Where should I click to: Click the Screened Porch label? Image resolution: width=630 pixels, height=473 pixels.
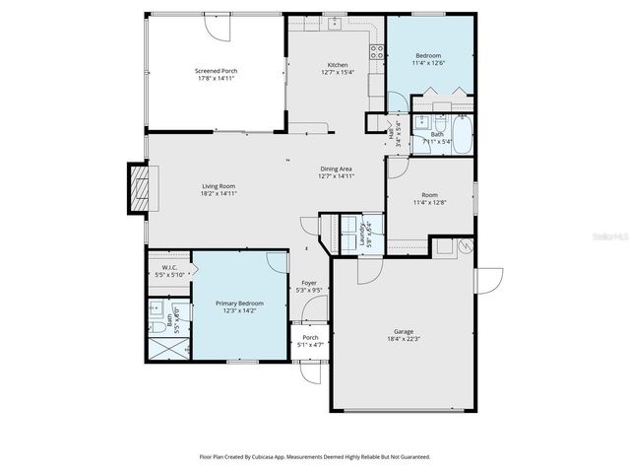point(216,71)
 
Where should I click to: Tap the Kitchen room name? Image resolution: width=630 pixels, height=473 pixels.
point(338,65)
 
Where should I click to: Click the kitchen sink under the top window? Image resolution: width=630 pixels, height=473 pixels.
point(335,22)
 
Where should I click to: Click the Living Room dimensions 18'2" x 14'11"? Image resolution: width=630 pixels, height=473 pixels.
point(219,193)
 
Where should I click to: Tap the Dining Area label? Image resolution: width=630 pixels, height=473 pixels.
point(336,169)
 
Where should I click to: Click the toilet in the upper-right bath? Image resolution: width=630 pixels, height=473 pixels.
point(419,122)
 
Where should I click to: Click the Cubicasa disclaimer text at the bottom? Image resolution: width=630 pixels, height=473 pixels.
point(314,456)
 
